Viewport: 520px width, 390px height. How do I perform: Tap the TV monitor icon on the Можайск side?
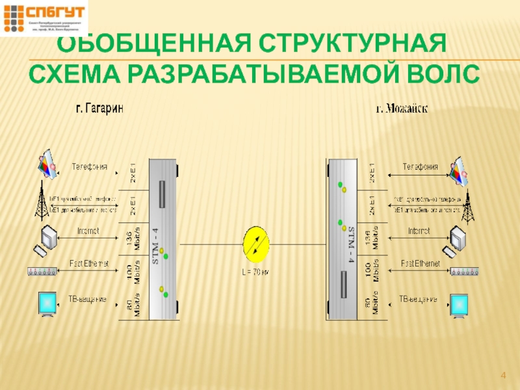pyautogui.click(x=459, y=305)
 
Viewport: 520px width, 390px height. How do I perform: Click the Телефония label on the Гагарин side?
pyautogui.click(x=89, y=166)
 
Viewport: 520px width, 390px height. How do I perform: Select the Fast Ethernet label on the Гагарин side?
pyautogui.click(x=89, y=263)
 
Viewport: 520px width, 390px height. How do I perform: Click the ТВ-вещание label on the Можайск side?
pyautogui.click(x=417, y=299)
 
